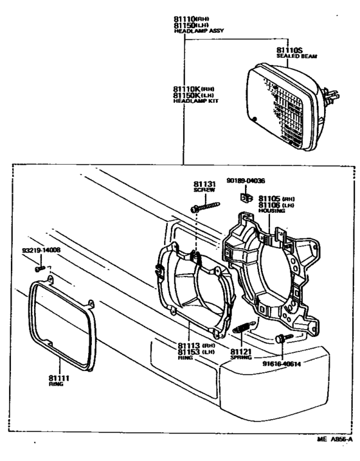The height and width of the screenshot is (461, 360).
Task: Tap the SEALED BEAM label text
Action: coord(294,57)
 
